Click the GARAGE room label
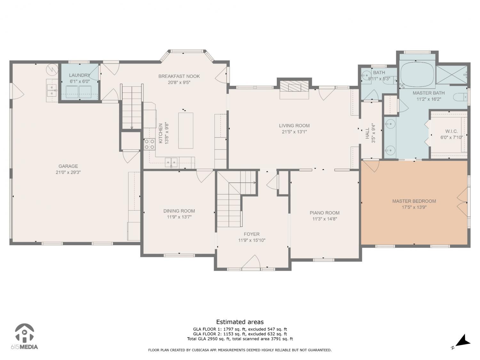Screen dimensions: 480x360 [x=68, y=166]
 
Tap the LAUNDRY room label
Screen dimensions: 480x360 [x=79, y=75]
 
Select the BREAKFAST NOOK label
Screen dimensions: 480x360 [x=179, y=76]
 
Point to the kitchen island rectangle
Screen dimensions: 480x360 [x=186, y=131]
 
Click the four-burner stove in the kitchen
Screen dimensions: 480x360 [x=149, y=144]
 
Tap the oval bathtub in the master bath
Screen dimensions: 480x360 [x=417, y=75]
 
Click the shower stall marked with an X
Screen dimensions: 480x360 [x=452, y=75]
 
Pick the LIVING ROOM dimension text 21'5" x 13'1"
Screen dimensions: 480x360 [x=294, y=132]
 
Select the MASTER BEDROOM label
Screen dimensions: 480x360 [x=414, y=201]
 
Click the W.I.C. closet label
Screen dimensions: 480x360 [x=452, y=132]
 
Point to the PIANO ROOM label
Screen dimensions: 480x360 [x=324, y=213]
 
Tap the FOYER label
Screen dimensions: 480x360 [x=252, y=234]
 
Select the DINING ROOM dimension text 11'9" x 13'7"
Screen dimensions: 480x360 [x=179, y=217]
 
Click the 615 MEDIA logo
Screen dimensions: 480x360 [x=24, y=336]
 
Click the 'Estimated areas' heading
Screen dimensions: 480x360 [x=240, y=322]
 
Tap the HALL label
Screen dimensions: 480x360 [x=367, y=133]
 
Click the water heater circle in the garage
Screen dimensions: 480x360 [x=52, y=69]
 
